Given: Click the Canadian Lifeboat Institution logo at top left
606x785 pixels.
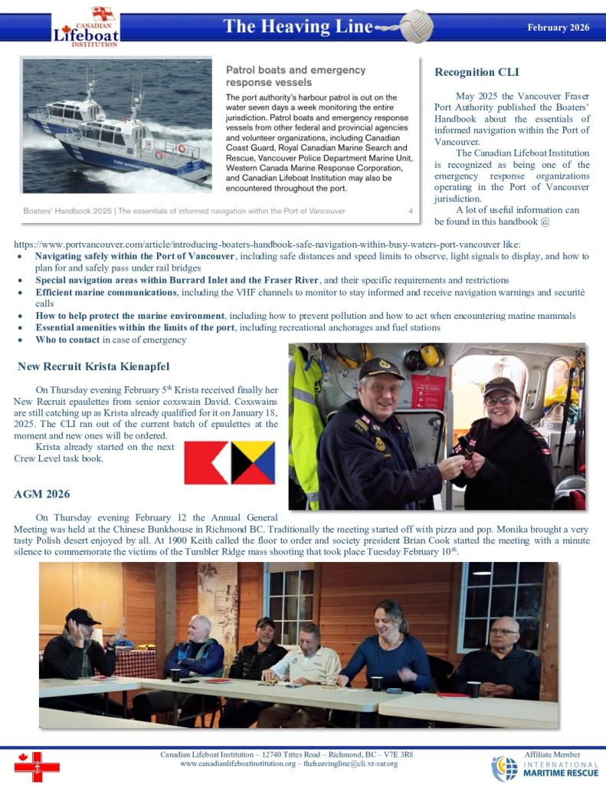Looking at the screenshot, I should (85, 28).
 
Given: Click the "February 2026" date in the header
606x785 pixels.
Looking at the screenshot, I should (558, 28).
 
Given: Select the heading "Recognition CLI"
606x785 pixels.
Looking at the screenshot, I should (477, 72).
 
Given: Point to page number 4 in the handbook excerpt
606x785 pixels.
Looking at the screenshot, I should (411, 210).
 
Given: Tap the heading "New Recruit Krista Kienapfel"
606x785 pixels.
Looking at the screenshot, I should (93, 366).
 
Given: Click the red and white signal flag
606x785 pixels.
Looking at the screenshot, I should (206, 463).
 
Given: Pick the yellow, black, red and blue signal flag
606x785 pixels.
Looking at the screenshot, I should (252, 463).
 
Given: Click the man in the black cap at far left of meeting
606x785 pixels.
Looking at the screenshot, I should (79, 644).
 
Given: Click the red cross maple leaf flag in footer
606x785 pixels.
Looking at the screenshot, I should (37, 766).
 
